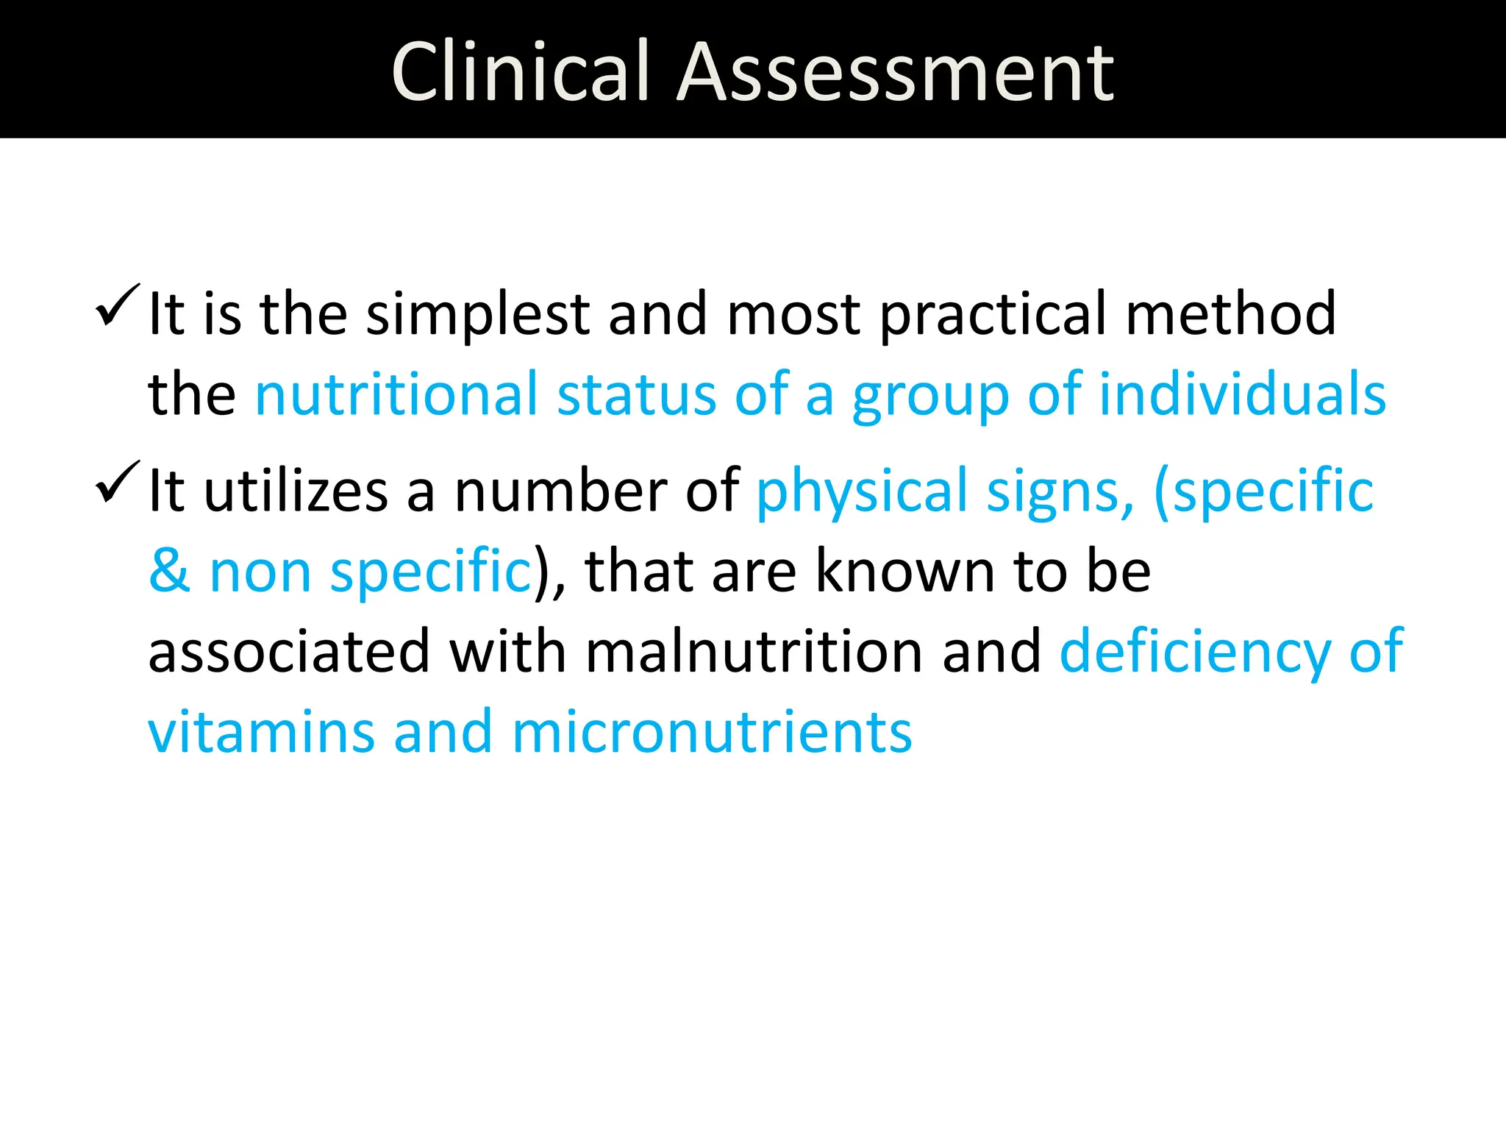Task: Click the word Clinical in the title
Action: (x=521, y=71)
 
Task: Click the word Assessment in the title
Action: (x=895, y=71)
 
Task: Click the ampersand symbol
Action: (x=169, y=571)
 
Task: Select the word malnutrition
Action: (x=754, y=652)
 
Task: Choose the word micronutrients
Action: (x=712, y=733)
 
